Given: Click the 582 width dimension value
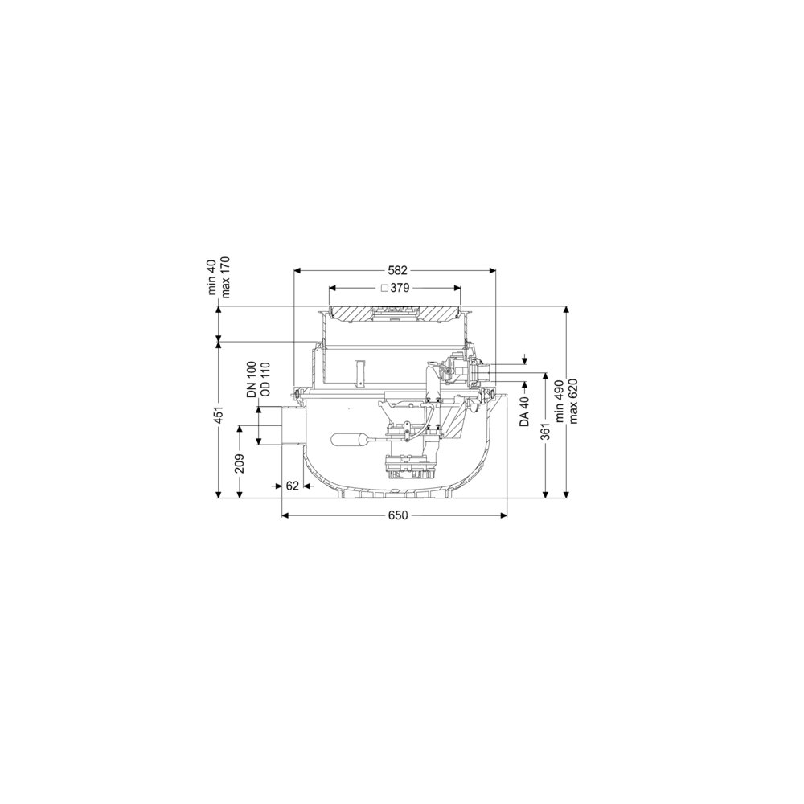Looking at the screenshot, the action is pyautogui.click(x=397, y=270).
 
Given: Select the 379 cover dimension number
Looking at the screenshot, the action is pyautogui.click(x=400, y=288).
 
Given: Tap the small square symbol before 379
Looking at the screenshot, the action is pyautogui.click(x=384, y=288).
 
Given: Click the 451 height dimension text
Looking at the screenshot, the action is pyautogui.click(x=219, y=416).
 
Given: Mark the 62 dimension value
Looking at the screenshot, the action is pyautogui.click(x=293, y=486).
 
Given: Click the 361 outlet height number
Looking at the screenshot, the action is pyautogui.click(x=546, y=431).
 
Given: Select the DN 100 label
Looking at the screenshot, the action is pyautogui.click(x=252, y=379).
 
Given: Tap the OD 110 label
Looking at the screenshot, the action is pyautogui.click(x=265, y=379).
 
